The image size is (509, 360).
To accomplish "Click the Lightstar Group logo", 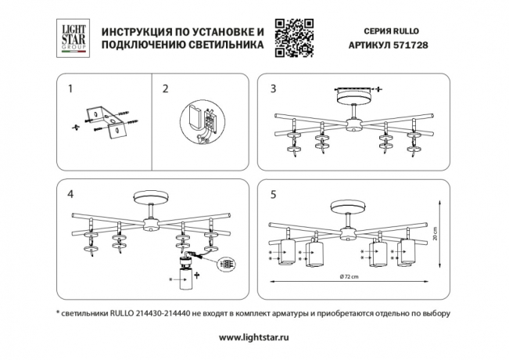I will tap(73, 38).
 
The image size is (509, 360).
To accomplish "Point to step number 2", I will tap(165, 89).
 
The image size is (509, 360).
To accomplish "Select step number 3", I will tap(273, 89).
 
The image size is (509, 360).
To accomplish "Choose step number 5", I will tap(273, 193).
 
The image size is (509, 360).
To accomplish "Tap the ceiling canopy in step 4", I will tap(150, 200).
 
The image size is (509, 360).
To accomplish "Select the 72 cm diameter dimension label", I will tap(349, 278).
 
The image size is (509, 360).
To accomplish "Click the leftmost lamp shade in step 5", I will tap(286, 253).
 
